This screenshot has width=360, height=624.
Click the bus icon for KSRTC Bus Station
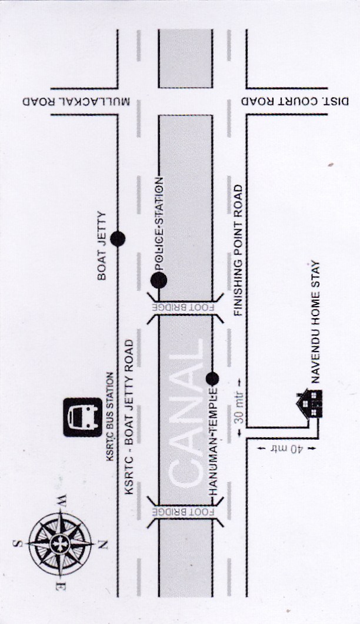pyautogui.click(x=83, y=417)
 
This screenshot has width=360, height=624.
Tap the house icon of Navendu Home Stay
pyautogui.click(x=309, y=403)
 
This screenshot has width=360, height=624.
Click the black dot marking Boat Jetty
pyautogui.click(x=118, y=239)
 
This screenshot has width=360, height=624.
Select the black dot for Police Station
pyautogui.click(x=159, y=280)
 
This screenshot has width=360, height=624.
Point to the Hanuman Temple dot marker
pyautogui.click(x=212, y=378)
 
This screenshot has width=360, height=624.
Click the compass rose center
pyautogui.click(x=61, y=543)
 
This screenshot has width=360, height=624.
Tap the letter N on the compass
pyautogui.click(x=102, y=544)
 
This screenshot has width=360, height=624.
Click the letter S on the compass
pyautogui.click(x=18, y=543)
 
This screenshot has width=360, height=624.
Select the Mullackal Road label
pyautogui.click(x=76, y=101)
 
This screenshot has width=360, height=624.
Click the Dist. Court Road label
pyautogui.click(x=295, y=101)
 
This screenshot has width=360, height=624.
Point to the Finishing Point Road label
pyautogui.click(x=238, y=250)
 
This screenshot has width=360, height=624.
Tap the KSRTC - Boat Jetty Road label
pyautogui.click(x=129, y=417)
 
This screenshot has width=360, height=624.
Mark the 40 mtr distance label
pyautogui.click(x=286, y=449)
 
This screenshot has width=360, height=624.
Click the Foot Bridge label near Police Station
pyautogui.click(x=185, y=308)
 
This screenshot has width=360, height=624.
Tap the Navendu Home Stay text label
pyautogui.click(x=316, y=321)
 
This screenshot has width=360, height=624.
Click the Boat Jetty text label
pyautogui.click(x=102, y=245)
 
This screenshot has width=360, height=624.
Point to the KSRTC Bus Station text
pyautogui.click(x=110, y=416)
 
